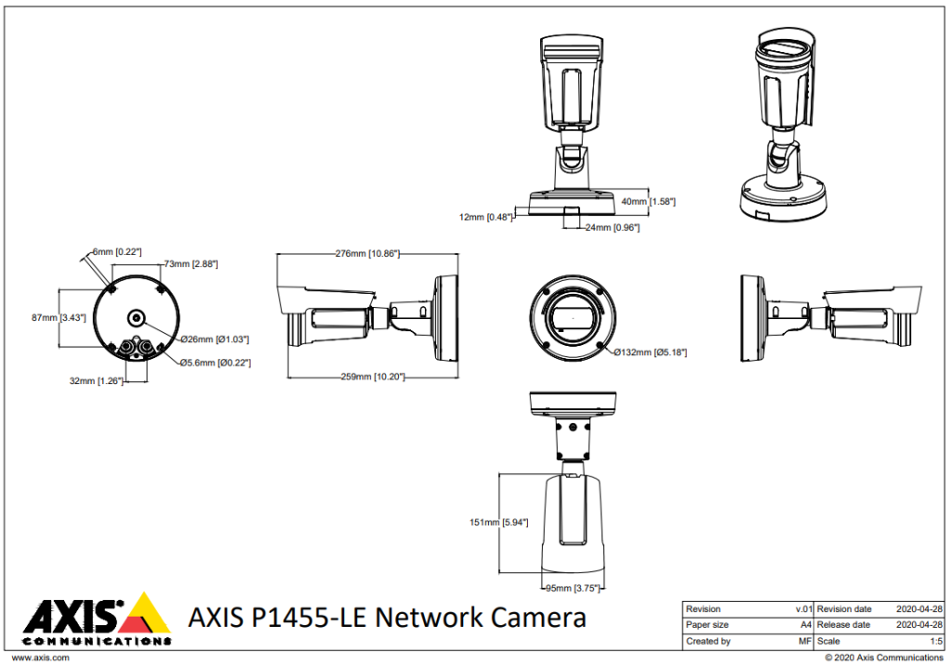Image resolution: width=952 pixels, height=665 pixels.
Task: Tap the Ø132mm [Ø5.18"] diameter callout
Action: (651, 352)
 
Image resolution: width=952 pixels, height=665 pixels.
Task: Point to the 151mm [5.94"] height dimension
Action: (498, 523)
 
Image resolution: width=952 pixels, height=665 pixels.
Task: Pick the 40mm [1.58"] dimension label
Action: (648, 201)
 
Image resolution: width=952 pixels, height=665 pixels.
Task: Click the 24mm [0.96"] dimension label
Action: (611, 227)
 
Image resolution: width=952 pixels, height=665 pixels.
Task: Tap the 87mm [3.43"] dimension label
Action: (59, 317)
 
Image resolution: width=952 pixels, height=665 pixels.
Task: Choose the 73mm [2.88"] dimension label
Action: (191, 264)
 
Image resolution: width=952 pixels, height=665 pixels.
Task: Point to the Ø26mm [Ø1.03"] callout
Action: (215, 339)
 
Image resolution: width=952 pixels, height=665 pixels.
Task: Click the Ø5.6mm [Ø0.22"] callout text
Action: (216, 363)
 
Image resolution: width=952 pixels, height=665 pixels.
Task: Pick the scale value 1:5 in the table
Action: (935, 641)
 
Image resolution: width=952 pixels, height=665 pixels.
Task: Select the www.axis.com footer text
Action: (40, 658)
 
